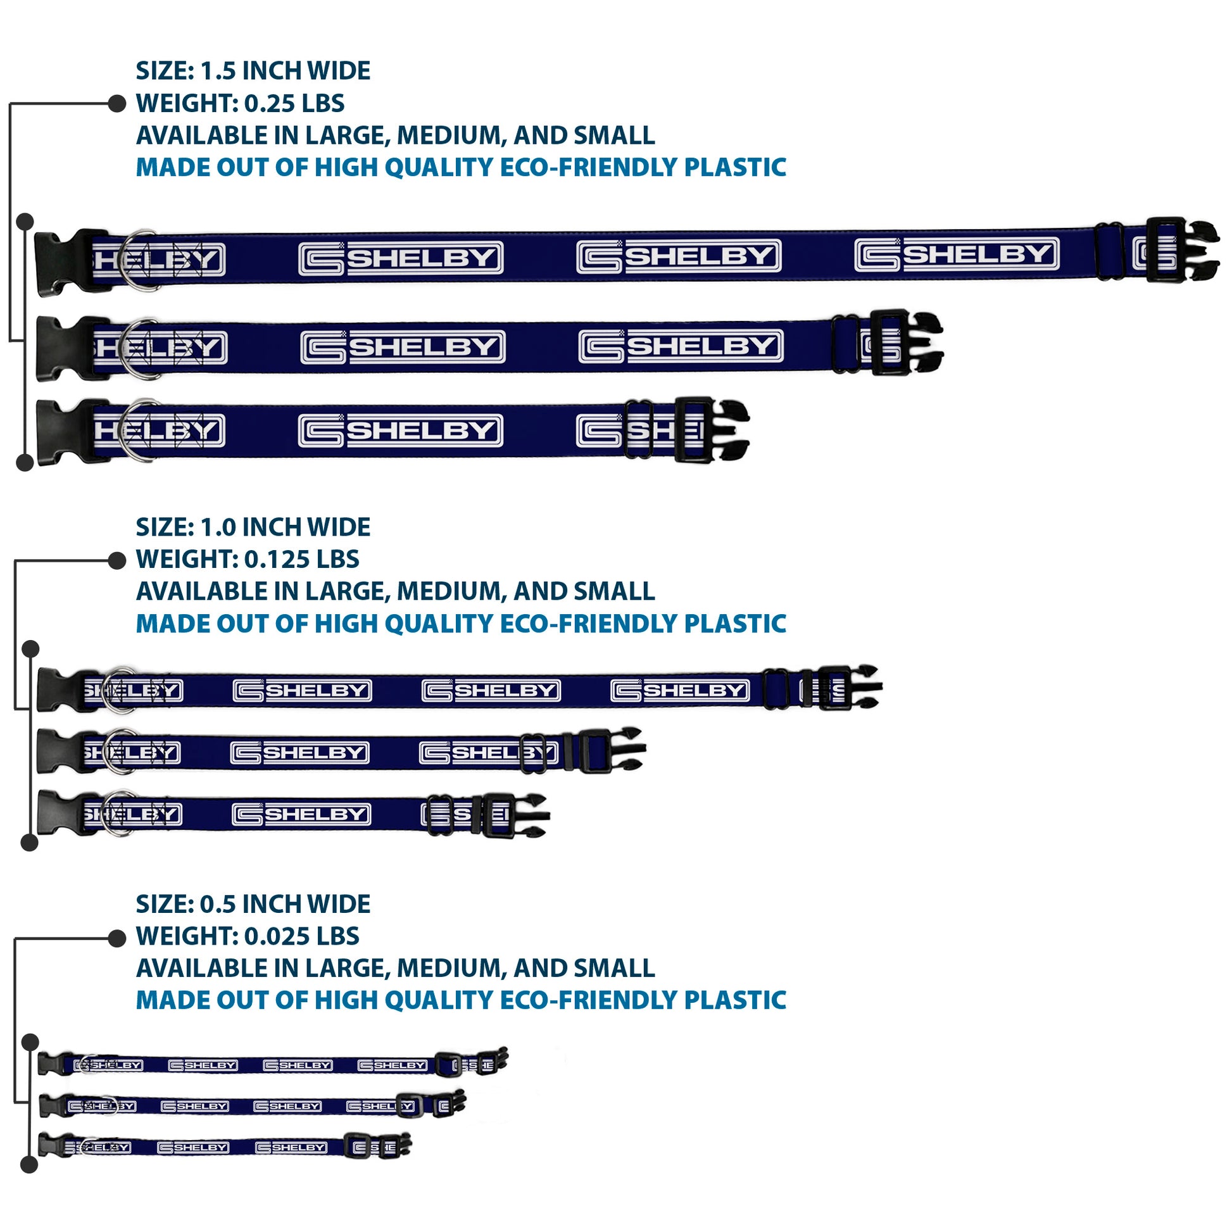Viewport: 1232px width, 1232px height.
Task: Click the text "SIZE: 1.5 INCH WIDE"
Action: pyautogui.click(x=253, y=71)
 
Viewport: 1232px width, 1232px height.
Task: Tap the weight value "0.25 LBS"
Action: pyautogui.click(x=294, y=103)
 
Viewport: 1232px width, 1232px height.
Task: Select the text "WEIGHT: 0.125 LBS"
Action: pyautogui.click(x=248, y=559)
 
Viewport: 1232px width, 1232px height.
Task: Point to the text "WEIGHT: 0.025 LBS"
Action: pyautogui.click(x=248, y=936)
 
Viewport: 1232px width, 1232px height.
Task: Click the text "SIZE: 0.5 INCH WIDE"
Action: pyautogui.click(x=253, y=903)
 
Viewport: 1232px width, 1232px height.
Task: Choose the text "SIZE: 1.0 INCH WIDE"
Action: pyautogui.click(x=253, y=527)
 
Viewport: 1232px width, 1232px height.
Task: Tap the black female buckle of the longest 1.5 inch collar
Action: pyautogui.click(x=64, y=262)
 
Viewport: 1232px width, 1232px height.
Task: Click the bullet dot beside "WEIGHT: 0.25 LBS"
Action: pyautogui.click(x=116, y=103)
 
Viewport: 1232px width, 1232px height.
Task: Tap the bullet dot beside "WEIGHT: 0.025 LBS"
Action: pyautogui.click(x=116, y=938)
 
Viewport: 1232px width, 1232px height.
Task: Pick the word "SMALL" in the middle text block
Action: pyautogui.click(x=613, y=591)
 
